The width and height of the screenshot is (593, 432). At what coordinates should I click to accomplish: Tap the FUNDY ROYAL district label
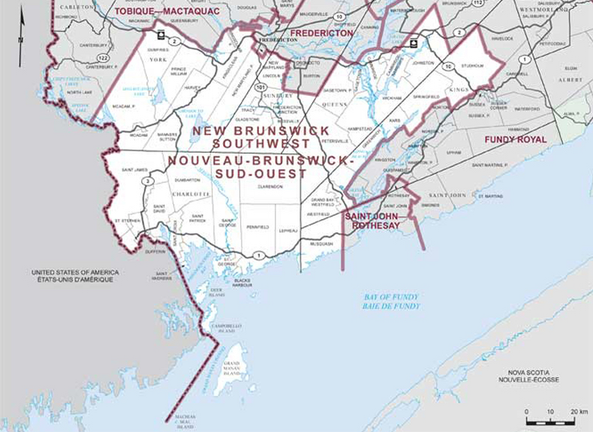[x=515, y=139]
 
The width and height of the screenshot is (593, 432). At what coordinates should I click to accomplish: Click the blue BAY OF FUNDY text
[x=387, y=301]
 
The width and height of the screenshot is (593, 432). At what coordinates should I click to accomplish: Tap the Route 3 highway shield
[x=149, y=181]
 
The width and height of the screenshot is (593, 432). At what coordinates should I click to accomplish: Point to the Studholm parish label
[x=470, y=65]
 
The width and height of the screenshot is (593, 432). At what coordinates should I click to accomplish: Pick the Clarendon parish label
[x=269, y=186]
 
